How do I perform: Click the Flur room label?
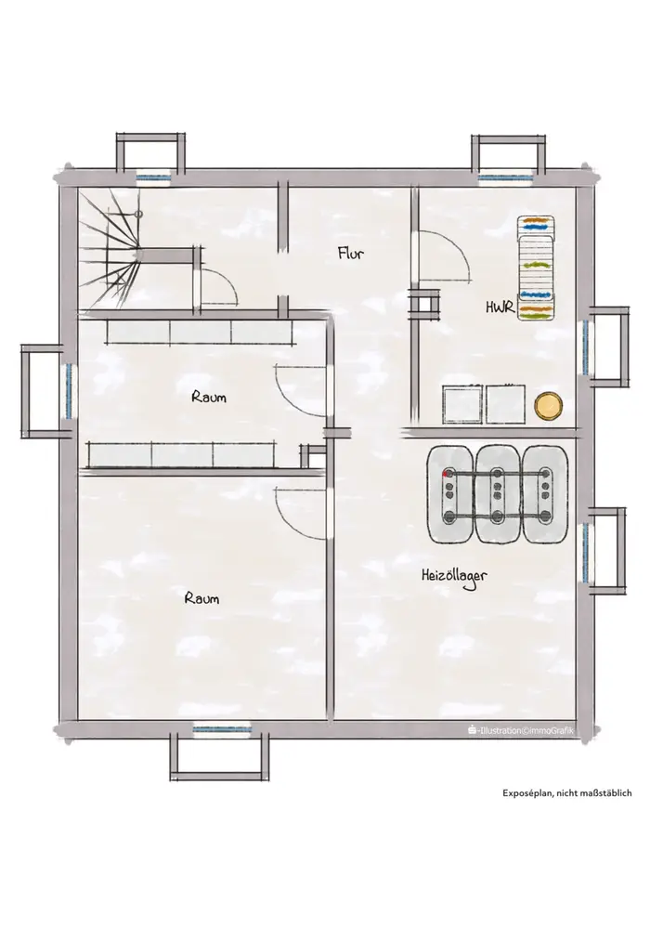point(350,253)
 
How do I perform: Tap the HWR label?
point(500,307)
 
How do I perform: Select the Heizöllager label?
point(454,577)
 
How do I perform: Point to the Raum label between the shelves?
point(208,397)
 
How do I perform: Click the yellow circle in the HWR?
point(548,407)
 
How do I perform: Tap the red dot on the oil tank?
point(446,474)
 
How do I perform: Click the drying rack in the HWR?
point(537,268)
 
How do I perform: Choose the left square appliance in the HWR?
point(462,404)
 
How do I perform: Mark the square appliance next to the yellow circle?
point(505,404)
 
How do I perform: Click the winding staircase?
point(110,249)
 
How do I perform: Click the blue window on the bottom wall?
point(222,728)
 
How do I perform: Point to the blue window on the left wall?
point(70,391)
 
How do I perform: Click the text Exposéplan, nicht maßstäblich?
point(567,792)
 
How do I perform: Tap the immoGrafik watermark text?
point(520,730)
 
